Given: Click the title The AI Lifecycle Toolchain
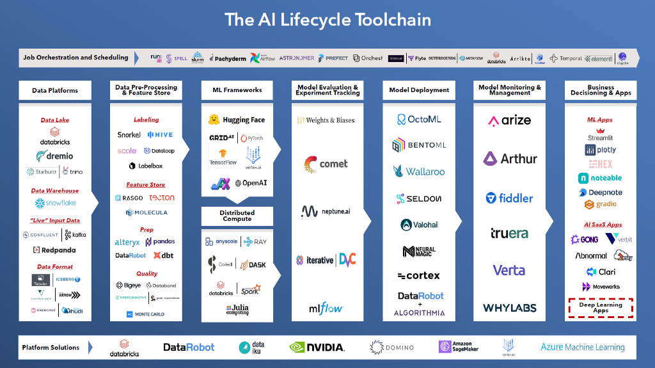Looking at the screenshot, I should (327, 19).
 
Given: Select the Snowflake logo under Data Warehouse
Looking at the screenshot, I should (55, 203).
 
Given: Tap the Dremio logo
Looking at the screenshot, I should (55, 156).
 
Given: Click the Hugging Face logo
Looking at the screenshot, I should (236, 120).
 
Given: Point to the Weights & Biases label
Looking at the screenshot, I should (326, 120).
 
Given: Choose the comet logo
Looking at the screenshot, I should (326, 164).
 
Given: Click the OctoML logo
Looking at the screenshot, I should (419, 120).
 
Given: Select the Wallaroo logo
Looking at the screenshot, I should (419, 172).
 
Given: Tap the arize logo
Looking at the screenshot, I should (509, 120).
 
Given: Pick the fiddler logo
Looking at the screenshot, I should (509, 198).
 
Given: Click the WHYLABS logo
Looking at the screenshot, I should (509, 308).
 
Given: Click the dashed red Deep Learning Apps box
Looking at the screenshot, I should (600, 308).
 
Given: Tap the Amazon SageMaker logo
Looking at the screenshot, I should (459, 347).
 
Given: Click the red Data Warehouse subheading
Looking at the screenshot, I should (55, 191).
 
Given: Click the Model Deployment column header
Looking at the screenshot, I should (419, 90).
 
